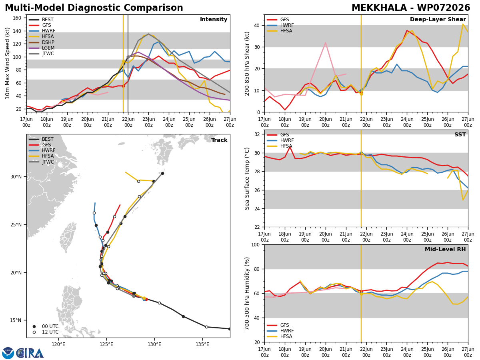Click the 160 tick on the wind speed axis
tap(17, 18)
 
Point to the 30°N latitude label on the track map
tap(16, 177)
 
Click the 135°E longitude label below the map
tap(202, 344)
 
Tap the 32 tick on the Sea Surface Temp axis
tap(257, 134)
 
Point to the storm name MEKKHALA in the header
tap(379, 8)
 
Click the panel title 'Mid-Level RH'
tap(445, 249)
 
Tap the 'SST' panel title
tap(460, 134)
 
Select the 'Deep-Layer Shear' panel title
tap(438, 20)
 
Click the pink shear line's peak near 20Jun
tap(326, 43)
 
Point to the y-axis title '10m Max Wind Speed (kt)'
tap(7, 63)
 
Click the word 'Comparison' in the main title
tap(153, 8)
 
